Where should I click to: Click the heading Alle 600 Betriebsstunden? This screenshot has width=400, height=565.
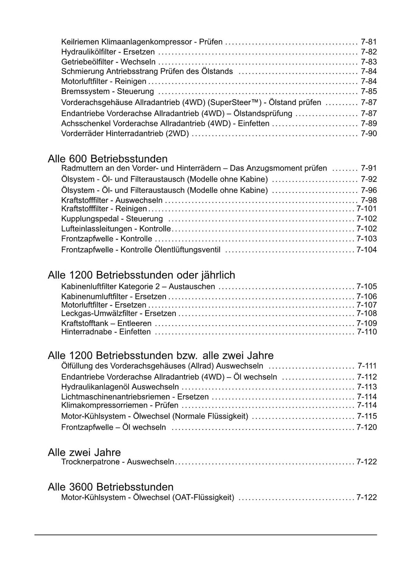click(107, 159)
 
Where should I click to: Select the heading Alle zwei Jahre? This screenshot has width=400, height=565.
click(84, 453)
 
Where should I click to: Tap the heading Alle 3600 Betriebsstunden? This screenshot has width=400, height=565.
click(111, 487)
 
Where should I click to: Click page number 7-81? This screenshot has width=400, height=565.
click(369, 42)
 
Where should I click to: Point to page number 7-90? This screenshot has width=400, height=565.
click(369, 134)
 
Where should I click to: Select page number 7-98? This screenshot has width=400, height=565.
click(369, 200)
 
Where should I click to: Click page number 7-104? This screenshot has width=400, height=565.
click(367, 250)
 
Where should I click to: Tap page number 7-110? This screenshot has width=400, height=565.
click(367, 332)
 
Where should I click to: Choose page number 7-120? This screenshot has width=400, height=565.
click(367, 427)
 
